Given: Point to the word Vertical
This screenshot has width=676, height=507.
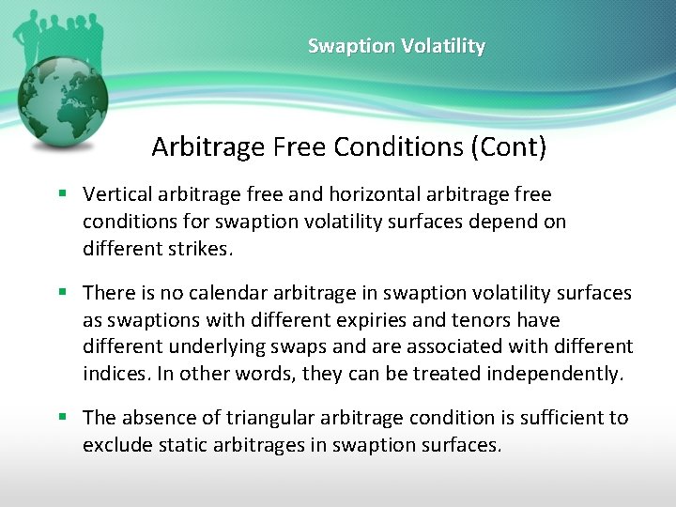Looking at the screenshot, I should click(116, 194).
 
